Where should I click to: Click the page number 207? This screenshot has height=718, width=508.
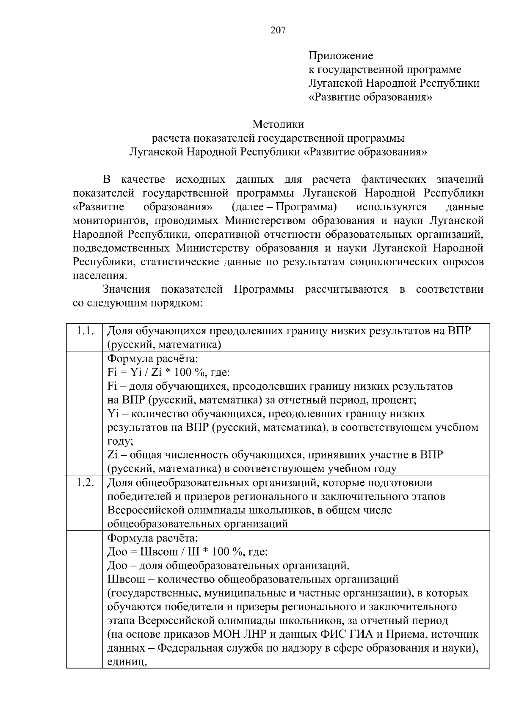pyautogui.click(x=278, y=30)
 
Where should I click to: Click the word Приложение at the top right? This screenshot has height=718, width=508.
pyautogui.click(x=341, y=56)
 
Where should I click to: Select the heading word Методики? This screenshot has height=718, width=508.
pyautogui.click(x=278, y=124)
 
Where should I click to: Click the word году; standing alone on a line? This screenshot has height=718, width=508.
pyautogui.click(x=120, y=441)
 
